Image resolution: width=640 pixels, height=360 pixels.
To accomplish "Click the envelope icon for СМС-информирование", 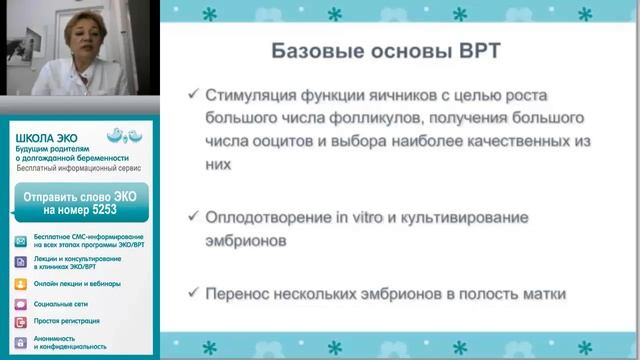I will (21, 243).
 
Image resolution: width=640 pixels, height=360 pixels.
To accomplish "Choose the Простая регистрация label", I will (67, 321).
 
